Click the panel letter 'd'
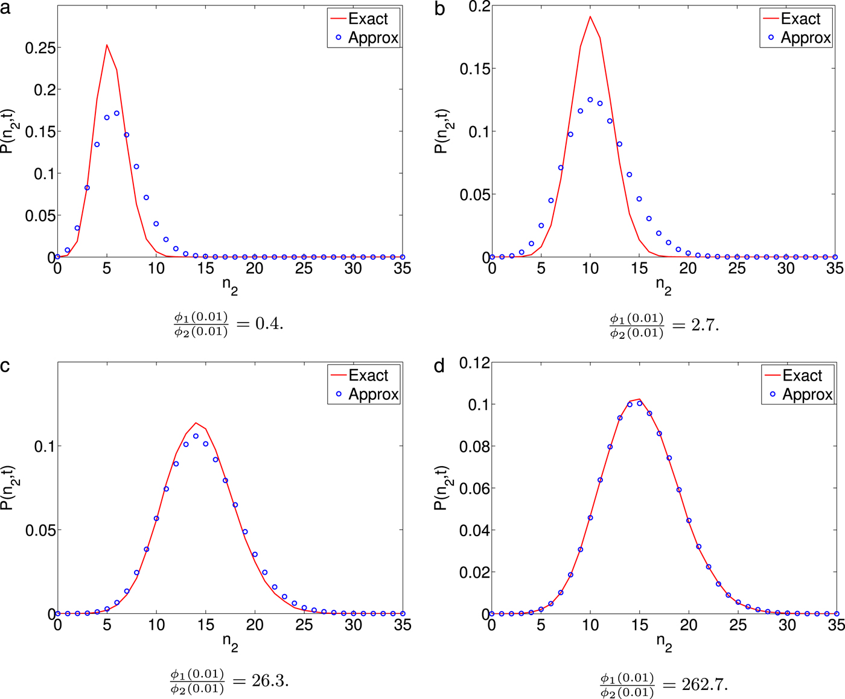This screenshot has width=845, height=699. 439,366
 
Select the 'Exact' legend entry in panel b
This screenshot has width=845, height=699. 800,19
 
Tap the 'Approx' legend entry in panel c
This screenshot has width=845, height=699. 373,394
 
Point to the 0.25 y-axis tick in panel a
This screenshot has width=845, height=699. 40,48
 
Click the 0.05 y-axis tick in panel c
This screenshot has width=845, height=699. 40,530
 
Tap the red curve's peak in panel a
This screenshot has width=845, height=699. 107,45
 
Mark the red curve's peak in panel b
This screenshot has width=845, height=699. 590,16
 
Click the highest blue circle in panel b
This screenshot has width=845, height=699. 590,100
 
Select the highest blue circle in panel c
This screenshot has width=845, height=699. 196,436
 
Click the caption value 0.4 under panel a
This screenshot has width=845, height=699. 269,324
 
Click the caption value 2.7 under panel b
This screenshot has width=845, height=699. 704,325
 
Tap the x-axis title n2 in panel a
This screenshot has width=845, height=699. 230,286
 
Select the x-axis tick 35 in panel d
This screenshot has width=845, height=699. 835,625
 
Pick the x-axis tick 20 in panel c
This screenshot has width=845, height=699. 255,625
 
